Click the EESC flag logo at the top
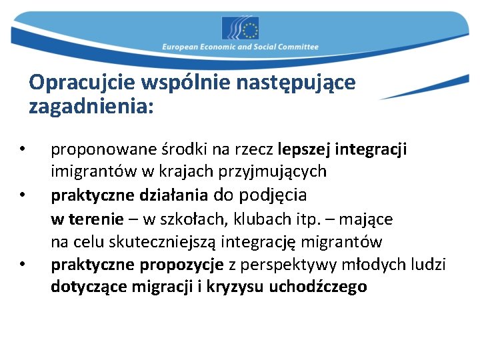tap(240, 29)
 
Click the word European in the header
tap(182, 47)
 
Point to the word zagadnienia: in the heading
tap(91, 105)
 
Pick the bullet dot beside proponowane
tap(22, 148)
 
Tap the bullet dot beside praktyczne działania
tap(22, 196)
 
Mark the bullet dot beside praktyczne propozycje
tap(22, 265)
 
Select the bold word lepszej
tap(303, 149)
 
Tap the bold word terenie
tap(99, 219)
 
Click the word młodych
tap(373, 265)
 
